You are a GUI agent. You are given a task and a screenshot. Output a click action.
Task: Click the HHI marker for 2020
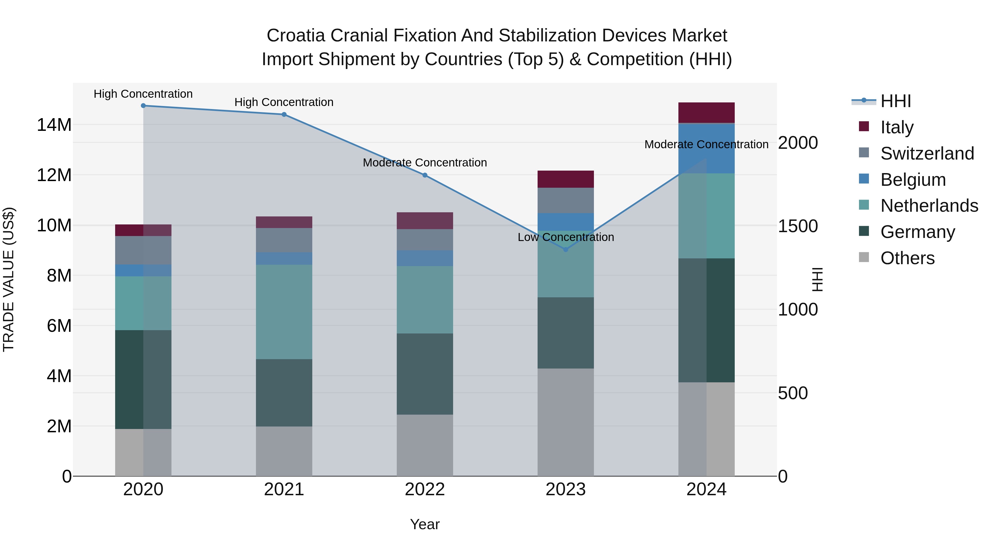point(143,105)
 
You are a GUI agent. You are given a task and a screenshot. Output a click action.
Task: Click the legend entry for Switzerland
point(927,153)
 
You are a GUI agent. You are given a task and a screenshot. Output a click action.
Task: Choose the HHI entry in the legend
point(895,101)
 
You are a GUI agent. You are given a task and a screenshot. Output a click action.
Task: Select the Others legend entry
point(907,258)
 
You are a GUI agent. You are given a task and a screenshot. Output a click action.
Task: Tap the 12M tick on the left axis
point(54,175)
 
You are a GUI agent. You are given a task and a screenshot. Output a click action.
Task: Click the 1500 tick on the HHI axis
point(797,226)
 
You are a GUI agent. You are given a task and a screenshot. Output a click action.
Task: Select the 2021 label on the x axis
point(284,489)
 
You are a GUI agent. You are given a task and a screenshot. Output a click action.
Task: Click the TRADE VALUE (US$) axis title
point(9,279)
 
